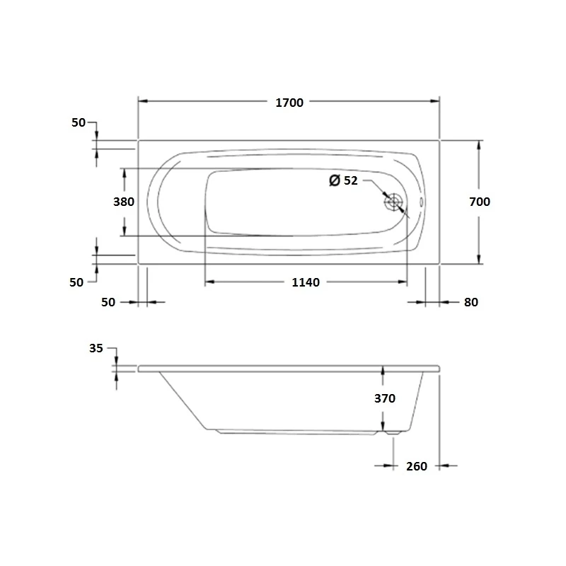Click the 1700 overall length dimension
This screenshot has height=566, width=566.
pyautogui.click(x=289, y=103)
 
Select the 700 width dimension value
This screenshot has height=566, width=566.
pyautogui.click(x=479, y=202)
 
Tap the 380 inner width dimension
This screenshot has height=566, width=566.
pyautogui.click(x=124, y=202)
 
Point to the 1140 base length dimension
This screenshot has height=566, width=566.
pyautogui.click(x=306, y=282)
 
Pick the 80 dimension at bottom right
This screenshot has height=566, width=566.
pyautogui.click(x=471, y=302)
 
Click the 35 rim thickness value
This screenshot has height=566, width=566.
pyautogui.click(x=97, y=348)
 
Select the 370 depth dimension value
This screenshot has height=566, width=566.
pyautogui.click(x=384, y=398)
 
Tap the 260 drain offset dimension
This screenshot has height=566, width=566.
pyautogui.click(x=417, y=466)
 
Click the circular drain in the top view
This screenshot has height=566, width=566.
pyautogui.click(x=394, y=202)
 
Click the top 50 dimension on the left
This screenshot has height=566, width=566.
pyautogui.click(x=79, y=122)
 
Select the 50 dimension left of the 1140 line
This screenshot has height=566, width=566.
pyautogui.click(x=108, y=302)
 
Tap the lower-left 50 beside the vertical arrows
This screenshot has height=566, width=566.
pyautogui.click(x=76, y=282)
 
